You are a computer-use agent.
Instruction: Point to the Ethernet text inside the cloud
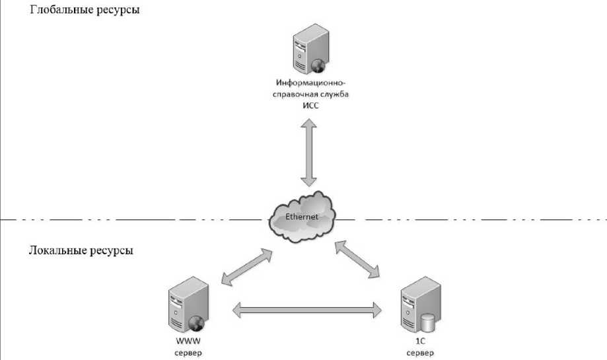pyautogui.click(x=302, y=217)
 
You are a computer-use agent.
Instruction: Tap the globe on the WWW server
pyautogui.click(x=196, y=323)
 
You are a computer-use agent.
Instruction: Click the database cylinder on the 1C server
pyautogui.click(x=428, y=324)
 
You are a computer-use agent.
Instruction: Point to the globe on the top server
pyautogui.click(x=318, y=65)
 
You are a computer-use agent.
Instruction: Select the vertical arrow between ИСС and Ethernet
pyautogui.click(x=308, y=152)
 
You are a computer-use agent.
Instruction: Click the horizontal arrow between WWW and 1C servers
pyautogui.click(x=308, y=308)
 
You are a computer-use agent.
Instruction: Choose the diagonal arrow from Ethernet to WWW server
pyautogui.click(x=246, y=268)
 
